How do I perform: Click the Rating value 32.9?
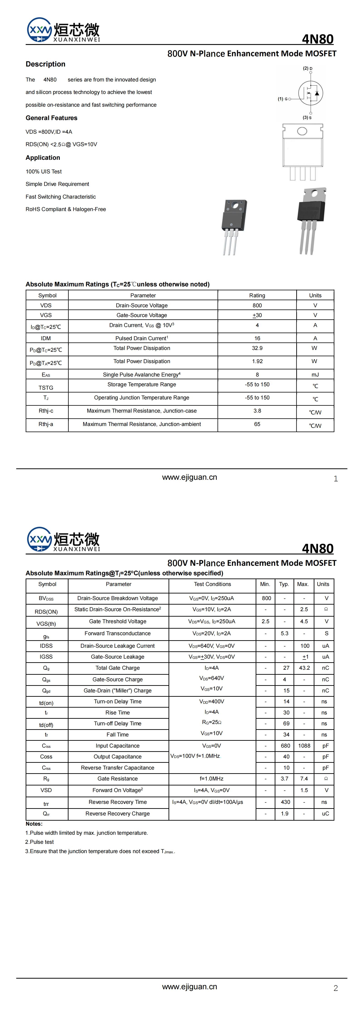pyautogui.click(x=257, y=348)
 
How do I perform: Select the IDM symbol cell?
pyautogui.click(x=46, y=338)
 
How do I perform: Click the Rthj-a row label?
pyautogui.click(x=46, y=424)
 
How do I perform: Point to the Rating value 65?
pyautogui.click(x=257, y=424)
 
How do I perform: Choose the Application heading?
pyautogui.click(x=43, y=158)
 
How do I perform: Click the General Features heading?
pyautogui.click(x=51, y=118)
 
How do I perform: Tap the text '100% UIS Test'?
pyautogui.click(x=44, y=171)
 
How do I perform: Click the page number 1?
pyautogui.click(x=336, y=479)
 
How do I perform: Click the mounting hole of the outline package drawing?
pyautogui.click(x=302, y=131)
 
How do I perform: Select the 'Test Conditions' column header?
pyautogui.click(x=213, y=584)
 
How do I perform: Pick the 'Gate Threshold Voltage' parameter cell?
pyautogui.click(x=118, y=621)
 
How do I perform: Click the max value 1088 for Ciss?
pyautogui.click(x=304, y=746)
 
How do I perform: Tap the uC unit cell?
pyautogui.click(x=325, y=813)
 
